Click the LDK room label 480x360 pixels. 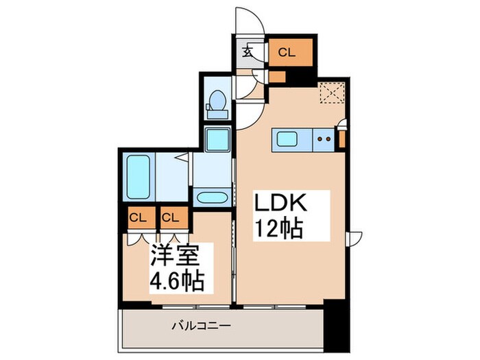tap(279, 204)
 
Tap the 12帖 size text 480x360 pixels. tap(279, 228)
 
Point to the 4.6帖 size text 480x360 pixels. tap(176, 280)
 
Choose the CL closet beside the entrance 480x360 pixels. tap(287, 52)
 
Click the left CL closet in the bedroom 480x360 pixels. tap(139, 218)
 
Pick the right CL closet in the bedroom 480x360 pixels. tap(171, 218)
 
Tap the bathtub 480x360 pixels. tap(139, 176)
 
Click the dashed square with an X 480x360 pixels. tap(333, 92)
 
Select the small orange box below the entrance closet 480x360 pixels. tap(277, 76)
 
